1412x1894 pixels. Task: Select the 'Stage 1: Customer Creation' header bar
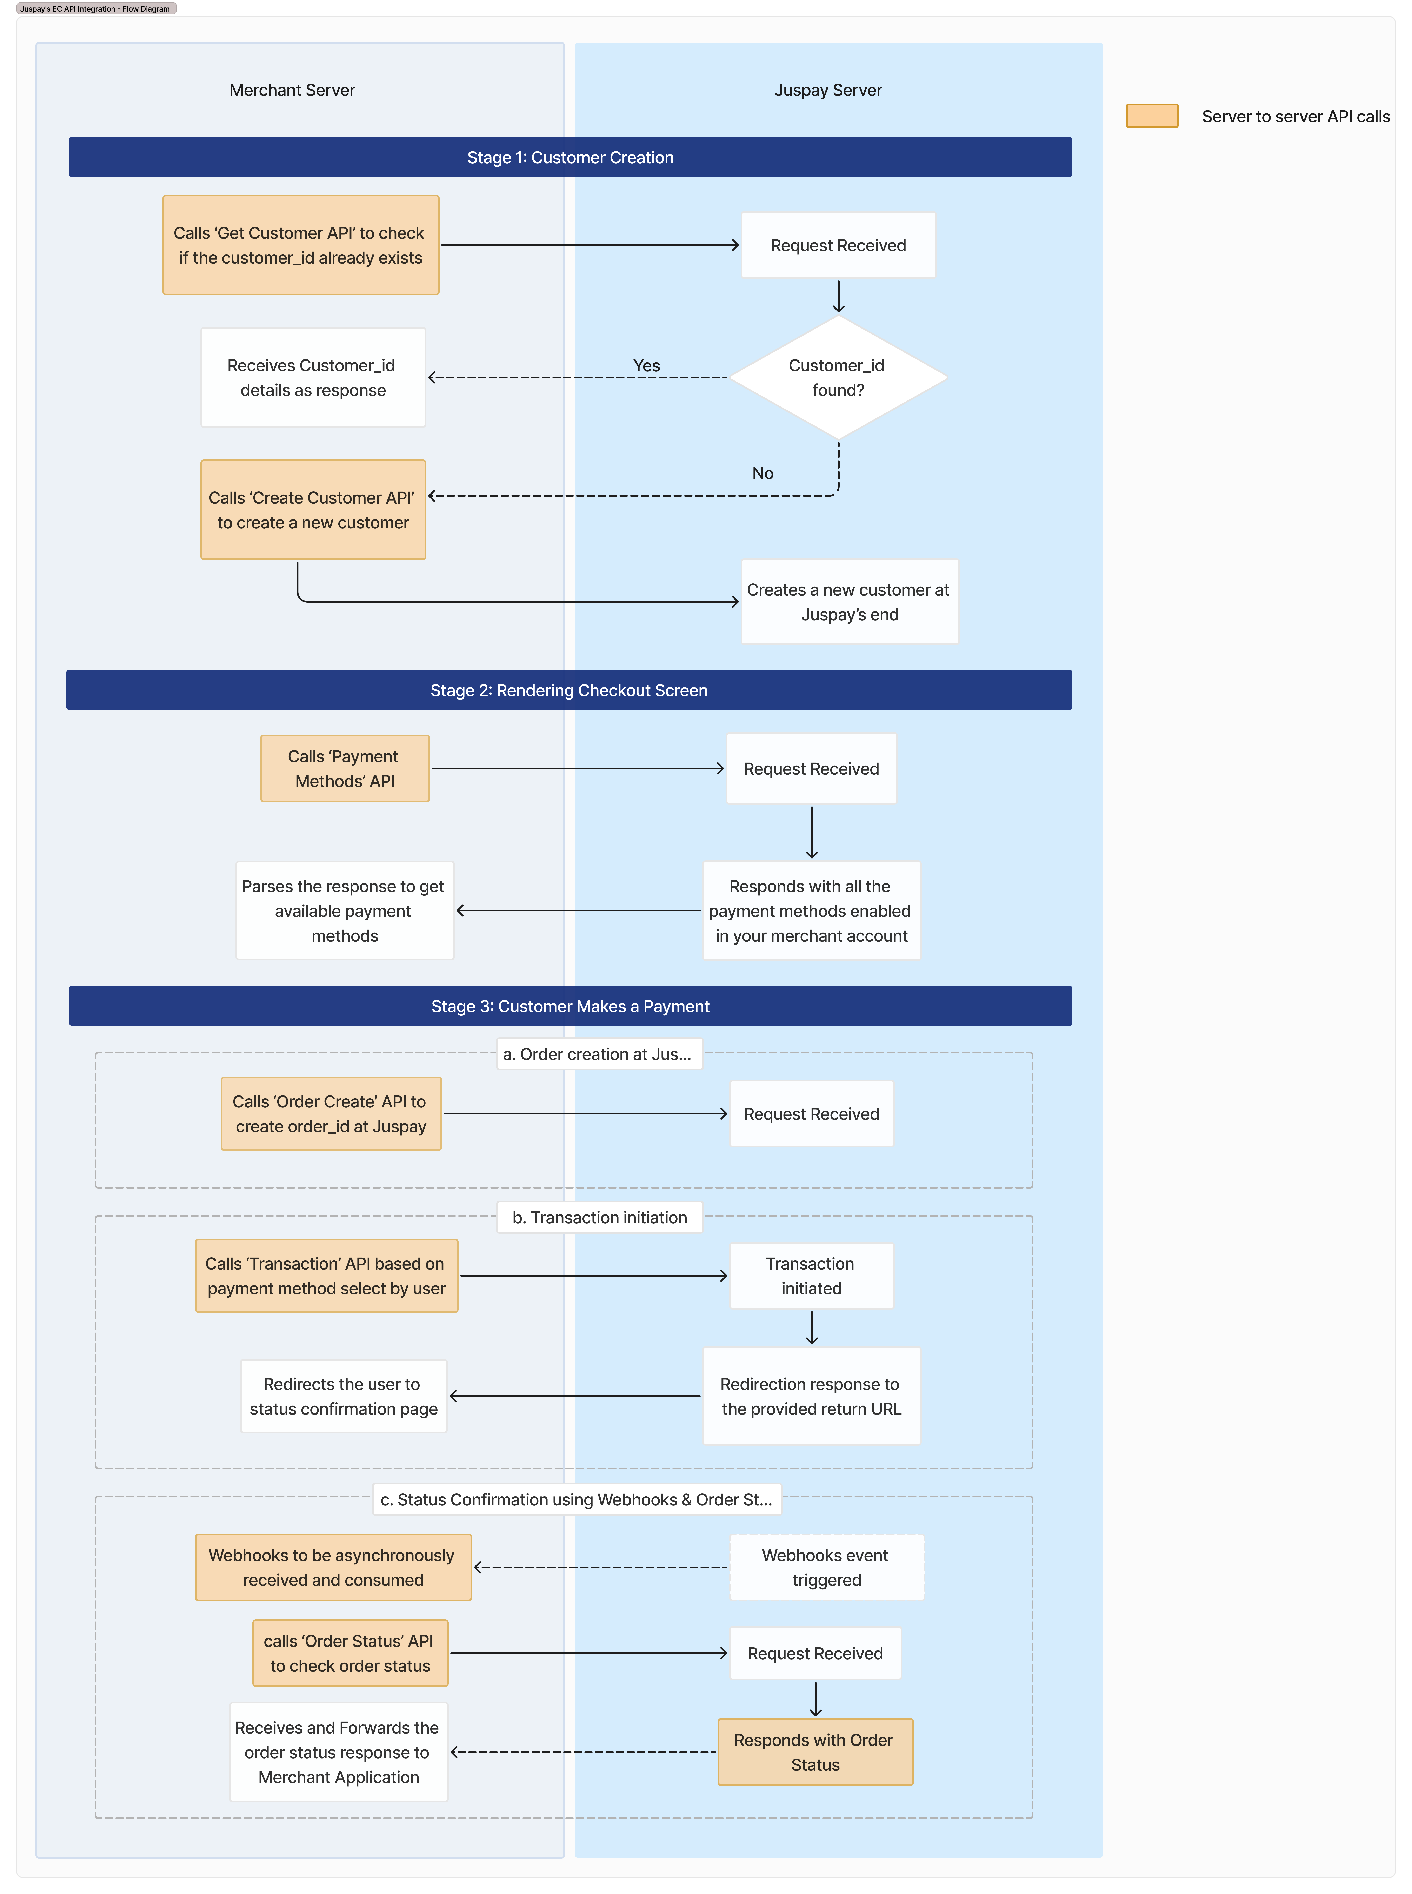pos(570,157)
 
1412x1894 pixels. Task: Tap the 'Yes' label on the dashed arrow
pos(646,366)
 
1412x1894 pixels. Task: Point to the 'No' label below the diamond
pos(762,474)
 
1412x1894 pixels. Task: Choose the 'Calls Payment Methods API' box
pos(345,768)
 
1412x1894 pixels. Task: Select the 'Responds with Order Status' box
pos(814,1752)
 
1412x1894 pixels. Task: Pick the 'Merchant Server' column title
pos(292,90)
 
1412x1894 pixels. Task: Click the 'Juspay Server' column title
pos(827,90)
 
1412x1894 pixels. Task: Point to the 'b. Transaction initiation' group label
pos(599,1217)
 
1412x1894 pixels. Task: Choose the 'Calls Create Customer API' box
pos(313,510)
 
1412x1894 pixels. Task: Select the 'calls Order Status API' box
pos(349,1653)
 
